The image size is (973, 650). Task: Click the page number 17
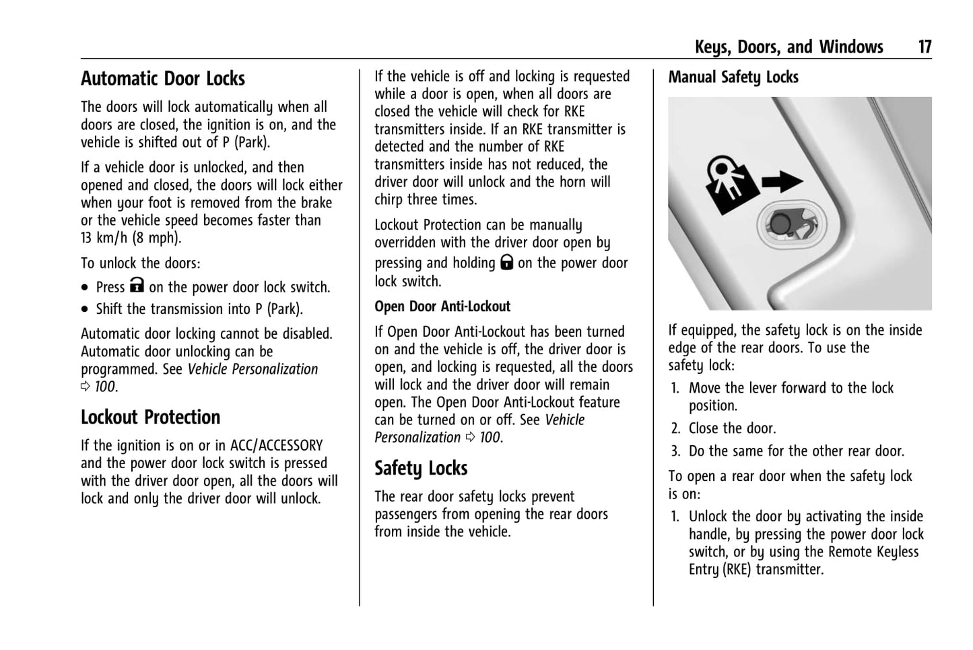point(925,46)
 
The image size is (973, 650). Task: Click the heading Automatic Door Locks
point(163,79)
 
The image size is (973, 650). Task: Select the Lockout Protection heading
point(150,418)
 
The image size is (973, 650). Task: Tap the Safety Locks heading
point(421,468)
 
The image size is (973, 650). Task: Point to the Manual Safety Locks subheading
point(733,77)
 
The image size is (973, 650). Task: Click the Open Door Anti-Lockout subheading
point(442,306)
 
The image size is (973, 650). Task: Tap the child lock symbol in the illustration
point(730,183)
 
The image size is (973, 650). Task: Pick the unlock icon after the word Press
point(137,286)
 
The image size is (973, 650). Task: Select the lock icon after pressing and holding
point(506,262)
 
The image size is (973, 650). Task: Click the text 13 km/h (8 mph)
point(131,238)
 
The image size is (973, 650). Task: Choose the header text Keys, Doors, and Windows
point(789,46)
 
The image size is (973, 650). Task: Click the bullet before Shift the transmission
point(85,310)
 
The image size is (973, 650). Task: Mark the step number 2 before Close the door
point(675,429)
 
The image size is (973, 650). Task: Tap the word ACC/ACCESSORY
point(276,446)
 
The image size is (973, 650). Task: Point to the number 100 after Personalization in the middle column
point(490,438)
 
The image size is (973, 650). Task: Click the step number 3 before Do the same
point(675,452)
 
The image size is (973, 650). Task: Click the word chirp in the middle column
point(391,199)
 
